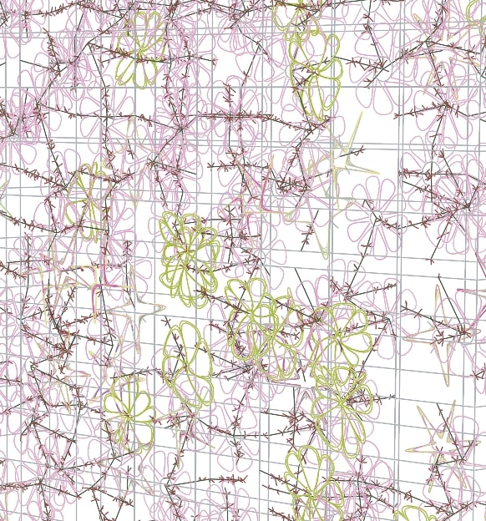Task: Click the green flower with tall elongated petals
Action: (x=187, y=367)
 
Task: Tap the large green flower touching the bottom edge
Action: (x=314, y=480)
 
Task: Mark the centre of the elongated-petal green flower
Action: (x=187, y=367)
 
